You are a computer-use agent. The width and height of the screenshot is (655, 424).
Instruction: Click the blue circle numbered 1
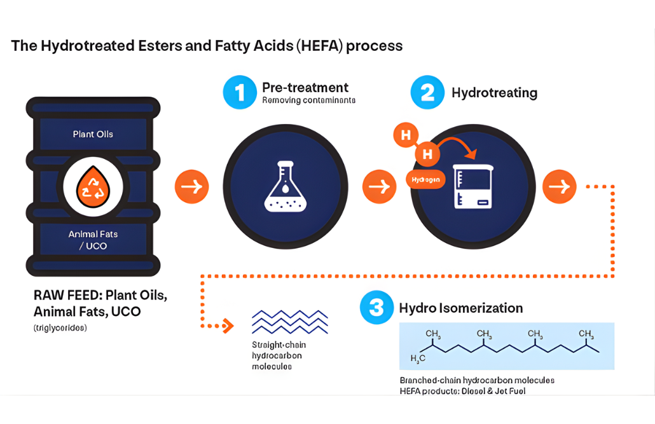coord(240,93)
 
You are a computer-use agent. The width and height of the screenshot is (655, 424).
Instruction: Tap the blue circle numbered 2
coord(427,93)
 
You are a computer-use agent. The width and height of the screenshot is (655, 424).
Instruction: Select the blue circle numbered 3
coord(376,308)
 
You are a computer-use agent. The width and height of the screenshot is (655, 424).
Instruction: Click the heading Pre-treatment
coord(305,87)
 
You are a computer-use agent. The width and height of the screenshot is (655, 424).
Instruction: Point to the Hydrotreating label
coord(494,93)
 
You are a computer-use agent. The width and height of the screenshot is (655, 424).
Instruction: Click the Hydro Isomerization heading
coord(461,308)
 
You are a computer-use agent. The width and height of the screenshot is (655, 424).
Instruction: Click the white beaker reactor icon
coord(473,186)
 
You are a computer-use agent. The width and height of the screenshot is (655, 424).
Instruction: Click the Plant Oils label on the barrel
coord(93,134)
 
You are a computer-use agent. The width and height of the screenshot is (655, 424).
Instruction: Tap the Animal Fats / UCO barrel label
coord(93,240)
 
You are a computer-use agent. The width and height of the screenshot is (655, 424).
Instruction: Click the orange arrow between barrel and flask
coord(191,186)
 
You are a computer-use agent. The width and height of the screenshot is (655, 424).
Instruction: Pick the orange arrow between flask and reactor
coord(380,186)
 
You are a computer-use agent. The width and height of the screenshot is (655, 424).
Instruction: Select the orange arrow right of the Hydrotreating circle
coord(559,186)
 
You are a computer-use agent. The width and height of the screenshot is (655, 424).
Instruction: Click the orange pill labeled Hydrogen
coord(425,180)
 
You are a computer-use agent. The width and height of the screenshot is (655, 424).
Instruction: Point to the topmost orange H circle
coord(406,135)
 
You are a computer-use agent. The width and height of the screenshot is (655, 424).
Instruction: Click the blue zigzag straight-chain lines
coord(289,322)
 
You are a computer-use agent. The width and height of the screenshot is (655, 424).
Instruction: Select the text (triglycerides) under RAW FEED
coord(60,328)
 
